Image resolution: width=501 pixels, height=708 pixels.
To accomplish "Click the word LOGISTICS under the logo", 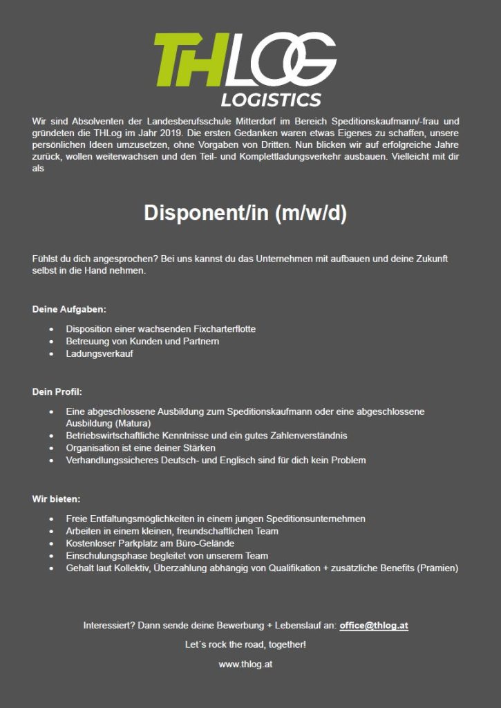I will (x=271, y=100).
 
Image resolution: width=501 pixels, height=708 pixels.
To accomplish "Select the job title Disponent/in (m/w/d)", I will (x=245, y=213).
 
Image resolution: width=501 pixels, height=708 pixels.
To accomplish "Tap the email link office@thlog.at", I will (x=374, y=625).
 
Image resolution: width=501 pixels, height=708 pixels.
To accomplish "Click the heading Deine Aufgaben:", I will (x=69, y=309).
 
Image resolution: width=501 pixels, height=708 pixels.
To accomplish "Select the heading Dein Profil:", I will (x=57, y=392).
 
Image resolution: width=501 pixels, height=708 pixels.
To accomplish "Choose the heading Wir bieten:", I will (x=57, y=499).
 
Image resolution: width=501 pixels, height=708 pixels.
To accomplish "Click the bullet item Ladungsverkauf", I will (x=100, y=354).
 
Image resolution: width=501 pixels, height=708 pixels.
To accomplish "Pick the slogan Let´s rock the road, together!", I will (x=245, y=644).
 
